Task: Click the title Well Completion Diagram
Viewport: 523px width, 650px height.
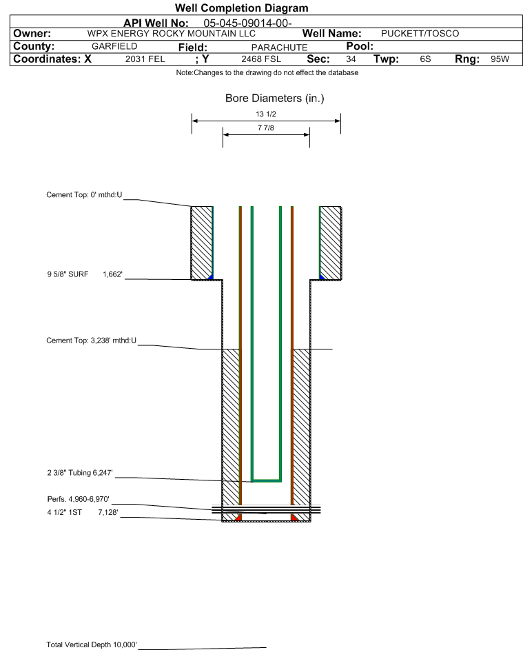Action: click(x=242, y=8)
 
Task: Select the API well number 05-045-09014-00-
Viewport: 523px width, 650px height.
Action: click(x=247, y=23)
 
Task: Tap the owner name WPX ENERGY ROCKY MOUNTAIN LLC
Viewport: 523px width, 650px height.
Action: click(x=171, y=34)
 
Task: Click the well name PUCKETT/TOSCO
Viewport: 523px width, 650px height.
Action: click(x=420, y=34)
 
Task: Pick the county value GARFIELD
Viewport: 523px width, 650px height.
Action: click(x=114, y=46)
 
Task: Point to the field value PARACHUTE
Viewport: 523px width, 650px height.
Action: click(x=279, y=48)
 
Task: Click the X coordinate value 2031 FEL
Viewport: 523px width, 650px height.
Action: click(x=145, y=59)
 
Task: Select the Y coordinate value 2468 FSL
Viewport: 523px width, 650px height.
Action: click(x=261, y=59)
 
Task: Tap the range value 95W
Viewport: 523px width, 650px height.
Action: click(x=500, y=59)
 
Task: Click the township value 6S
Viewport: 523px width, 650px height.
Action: click(x=425, y=59)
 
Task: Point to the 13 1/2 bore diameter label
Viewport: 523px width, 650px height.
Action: click(x=266, y=114)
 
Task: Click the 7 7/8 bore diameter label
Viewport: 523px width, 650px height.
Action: click(x=266, y=128)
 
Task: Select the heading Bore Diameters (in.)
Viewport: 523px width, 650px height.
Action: click(x=274, y=99)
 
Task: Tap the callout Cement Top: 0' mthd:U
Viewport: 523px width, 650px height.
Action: click(x=84, y=195)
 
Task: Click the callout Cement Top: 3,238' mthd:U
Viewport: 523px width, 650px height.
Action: click(x=91, y=341)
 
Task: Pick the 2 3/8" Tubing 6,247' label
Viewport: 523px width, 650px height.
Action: click(x=79, y=473)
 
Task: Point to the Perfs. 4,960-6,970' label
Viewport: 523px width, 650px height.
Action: click(x=78, y=499)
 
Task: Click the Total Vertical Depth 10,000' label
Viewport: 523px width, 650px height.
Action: click(x=92, y=644)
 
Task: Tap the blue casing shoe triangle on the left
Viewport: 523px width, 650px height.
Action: click(x=211, y=277)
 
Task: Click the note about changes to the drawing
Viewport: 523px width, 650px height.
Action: click(x=267, y=72)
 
